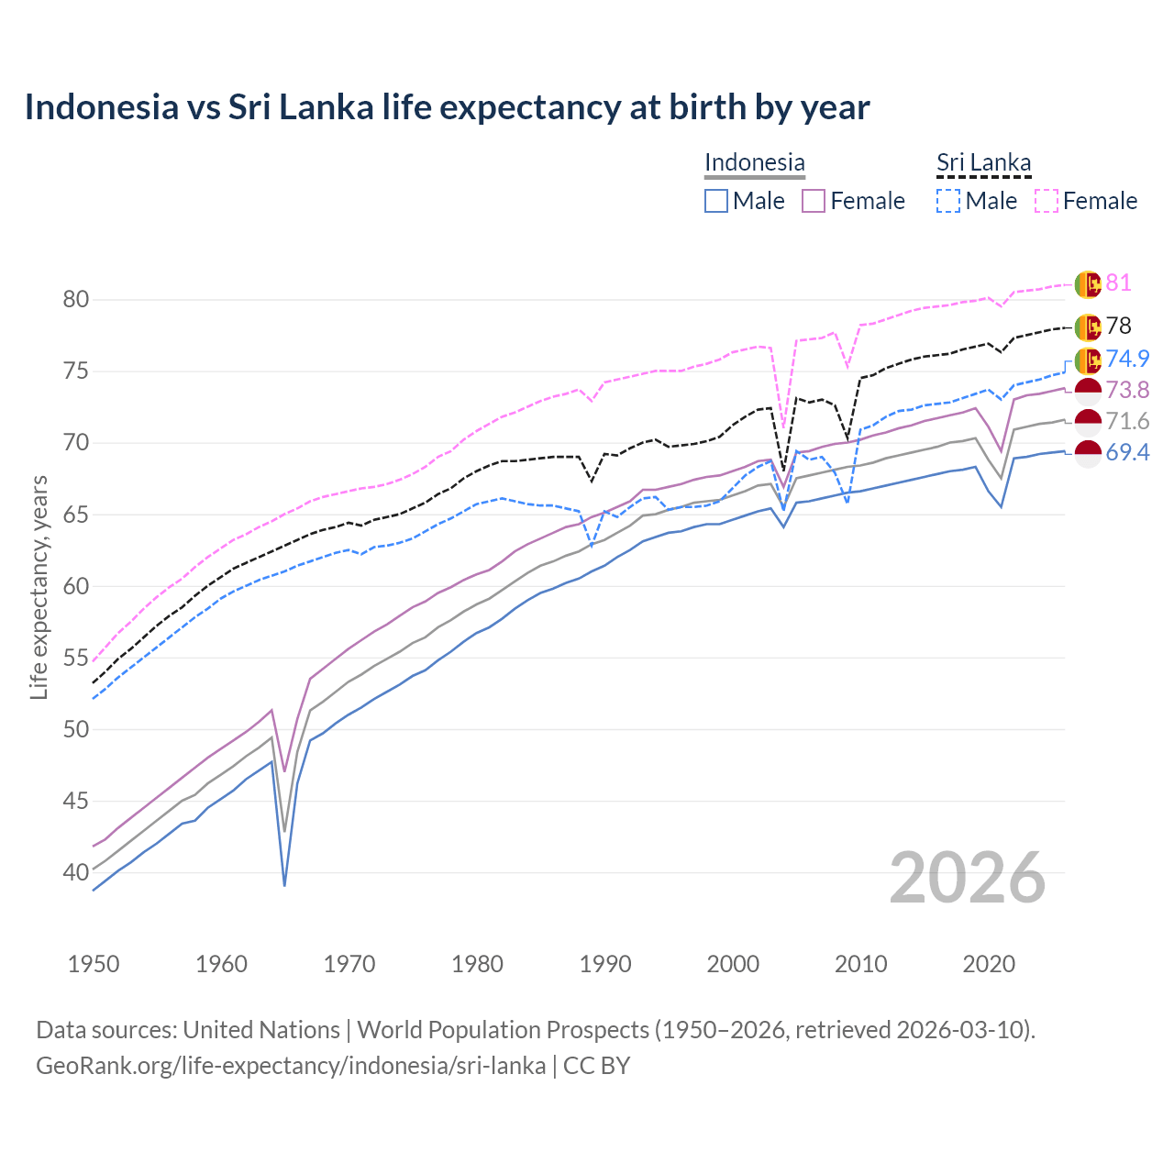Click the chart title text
click(x=447, y=107)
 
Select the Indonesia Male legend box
click(x=716, y=201)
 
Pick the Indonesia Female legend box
click(x=814, y=201)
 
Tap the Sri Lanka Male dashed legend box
click(x=948, y=201)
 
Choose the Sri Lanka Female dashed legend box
click(x=1047, y=201)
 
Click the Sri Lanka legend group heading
click(x=983, y=162)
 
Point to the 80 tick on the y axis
click(x=76, y=300)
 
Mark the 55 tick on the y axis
click(x=76, y=658)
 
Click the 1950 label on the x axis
click(x=94, y=964)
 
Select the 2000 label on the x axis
click(x=733, y=964)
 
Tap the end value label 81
click(x=1118, y=282)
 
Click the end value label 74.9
click(x=1127, y=359)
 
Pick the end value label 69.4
click(x=1127, y=452)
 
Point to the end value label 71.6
click(x=1127, y=421)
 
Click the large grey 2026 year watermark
click(x=967, y=878)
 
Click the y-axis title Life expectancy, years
click(x=39, y=587)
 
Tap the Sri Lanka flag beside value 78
click(x=1088, y=327)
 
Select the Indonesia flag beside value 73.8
click(x=1088, y=391)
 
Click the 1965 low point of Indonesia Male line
click(x=285, y=884)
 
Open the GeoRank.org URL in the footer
click(x=291, y=1066)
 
